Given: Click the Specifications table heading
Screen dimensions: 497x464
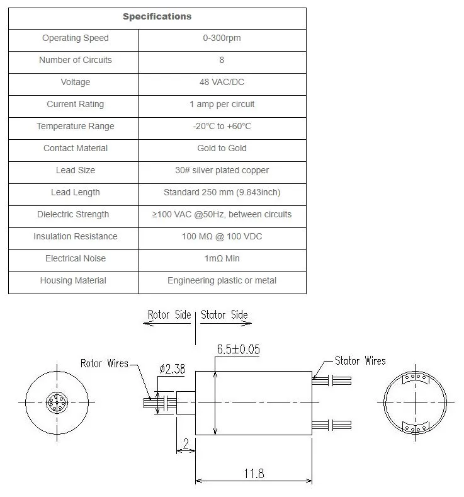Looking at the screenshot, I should [x=157, y=16].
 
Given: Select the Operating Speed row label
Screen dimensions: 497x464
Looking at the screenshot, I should [x=75, y=38].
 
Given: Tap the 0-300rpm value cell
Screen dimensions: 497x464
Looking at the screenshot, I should [x=222, y=38].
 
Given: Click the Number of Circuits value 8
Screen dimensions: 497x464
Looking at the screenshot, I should [x=222, y=60].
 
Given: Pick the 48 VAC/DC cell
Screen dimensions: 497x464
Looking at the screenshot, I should [x=222, y=83].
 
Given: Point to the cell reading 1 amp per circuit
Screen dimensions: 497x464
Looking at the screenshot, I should [x=222, y=105].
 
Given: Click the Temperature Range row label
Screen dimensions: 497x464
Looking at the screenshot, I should [x=75, y=127].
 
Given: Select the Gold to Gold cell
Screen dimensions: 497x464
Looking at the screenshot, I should [x=222, y=149].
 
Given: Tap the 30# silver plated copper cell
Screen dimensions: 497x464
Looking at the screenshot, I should [x=222, y=171].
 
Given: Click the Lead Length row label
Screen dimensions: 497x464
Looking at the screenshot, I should [x=75, y=193].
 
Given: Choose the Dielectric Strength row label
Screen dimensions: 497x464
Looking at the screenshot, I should [x=73, y=215].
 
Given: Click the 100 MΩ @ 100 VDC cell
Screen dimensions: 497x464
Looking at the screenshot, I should [x=222, y=237].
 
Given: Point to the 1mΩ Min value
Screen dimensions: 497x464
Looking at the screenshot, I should [x=222, y=259].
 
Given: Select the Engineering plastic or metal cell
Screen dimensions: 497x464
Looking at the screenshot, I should [x=222, y=281].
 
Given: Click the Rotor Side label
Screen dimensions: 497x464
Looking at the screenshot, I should [x=169, y=315].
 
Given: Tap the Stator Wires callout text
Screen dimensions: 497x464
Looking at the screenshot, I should [x=360, y=361].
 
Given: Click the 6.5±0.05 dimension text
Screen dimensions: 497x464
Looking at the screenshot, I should [x=238, y=350].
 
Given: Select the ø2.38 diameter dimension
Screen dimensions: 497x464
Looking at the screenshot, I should [x=171, y=370].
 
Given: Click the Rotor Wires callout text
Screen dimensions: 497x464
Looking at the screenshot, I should [x=104, y=363].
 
